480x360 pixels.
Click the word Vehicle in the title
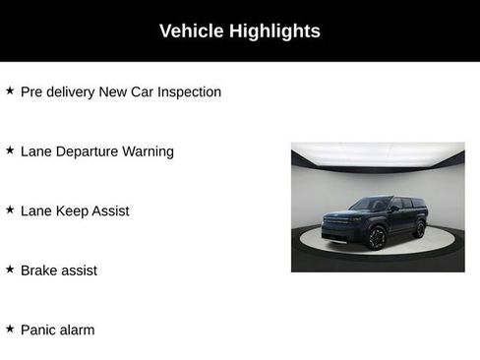pyautogui.click(x=192, y=31)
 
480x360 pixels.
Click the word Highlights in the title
pyautogui.click(x=274, y=31)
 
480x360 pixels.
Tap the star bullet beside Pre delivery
pyautogui.click(x=10, y=90)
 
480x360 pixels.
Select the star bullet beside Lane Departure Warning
pyautogui.click(x=10, y=150)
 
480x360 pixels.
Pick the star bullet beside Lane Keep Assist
pyautogui.click(x=10, y=210)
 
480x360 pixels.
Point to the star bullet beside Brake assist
pyautogui.click(x=10, y=269)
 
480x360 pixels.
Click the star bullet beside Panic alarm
pyautogui.click(x=10, y=329)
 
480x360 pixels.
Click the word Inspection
pyautogui.click(x=188, y=92)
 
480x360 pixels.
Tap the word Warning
pyautogui.click(x=149, y=151)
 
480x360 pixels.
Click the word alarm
pyautogui.click(x=78, y=330)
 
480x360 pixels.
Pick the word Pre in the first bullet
pyautogui.click(x=32, y=92)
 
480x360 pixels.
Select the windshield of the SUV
pyautogui.click(x=371, y=206)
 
